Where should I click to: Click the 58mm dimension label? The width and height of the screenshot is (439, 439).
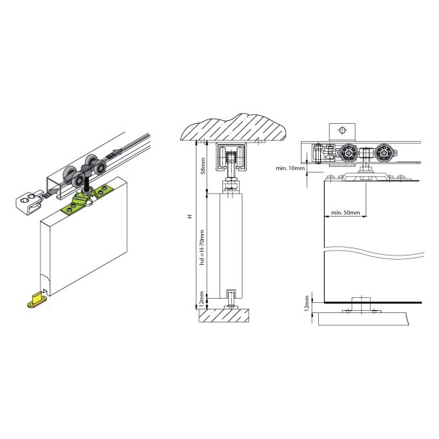pos(204,166)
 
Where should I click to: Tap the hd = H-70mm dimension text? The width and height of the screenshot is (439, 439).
pos(203,248)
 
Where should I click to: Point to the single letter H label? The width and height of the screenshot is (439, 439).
pos(190,216)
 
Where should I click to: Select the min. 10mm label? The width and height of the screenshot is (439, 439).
pos(290,168)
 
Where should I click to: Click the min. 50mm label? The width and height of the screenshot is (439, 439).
pos(345,212)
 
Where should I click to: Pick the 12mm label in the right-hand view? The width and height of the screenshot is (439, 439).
pos(307,304)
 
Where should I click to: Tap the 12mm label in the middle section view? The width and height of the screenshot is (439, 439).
pos(202,299)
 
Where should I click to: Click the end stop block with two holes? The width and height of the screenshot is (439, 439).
pos(28,203)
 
